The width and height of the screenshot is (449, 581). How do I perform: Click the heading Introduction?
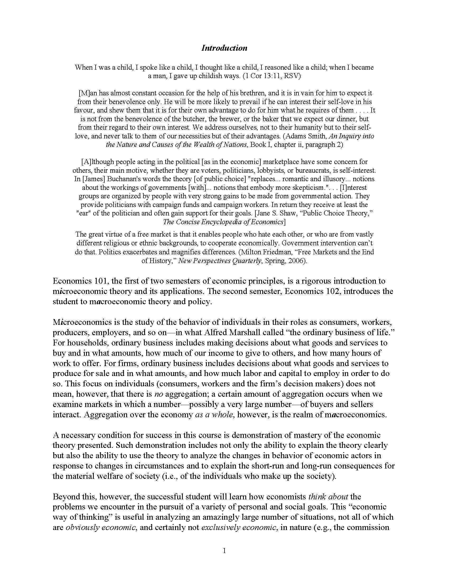pyautogui.click(x=224, y=48)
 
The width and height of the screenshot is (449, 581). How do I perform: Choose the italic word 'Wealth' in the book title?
pyautogui.click(x=211, y=145)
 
